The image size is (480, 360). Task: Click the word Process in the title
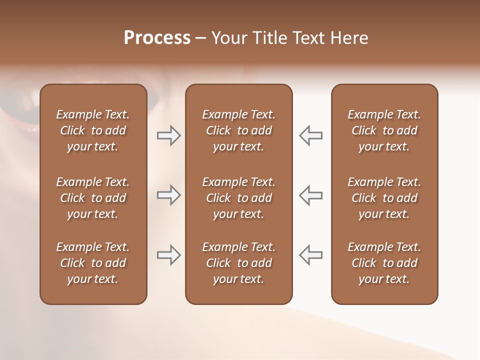point(157,38)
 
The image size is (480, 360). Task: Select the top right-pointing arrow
point(168,135)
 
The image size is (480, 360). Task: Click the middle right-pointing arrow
point(168,195)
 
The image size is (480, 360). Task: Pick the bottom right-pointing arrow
point(168,255)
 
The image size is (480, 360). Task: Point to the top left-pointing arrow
point(311,135)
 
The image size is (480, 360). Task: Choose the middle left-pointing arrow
point(311,195)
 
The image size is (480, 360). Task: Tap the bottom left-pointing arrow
point(311,255)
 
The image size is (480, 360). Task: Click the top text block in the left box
point(93,130)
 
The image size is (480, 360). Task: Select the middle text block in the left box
point(93,198)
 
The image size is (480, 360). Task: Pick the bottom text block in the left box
point(93,263)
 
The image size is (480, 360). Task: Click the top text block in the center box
point(238,130)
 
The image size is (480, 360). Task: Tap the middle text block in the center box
point(238,198)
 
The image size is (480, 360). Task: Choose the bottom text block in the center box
point(238,263)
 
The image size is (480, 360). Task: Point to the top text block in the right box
point(384,130)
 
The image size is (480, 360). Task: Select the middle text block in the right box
point(384,198)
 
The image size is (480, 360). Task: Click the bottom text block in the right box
point(384,263)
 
